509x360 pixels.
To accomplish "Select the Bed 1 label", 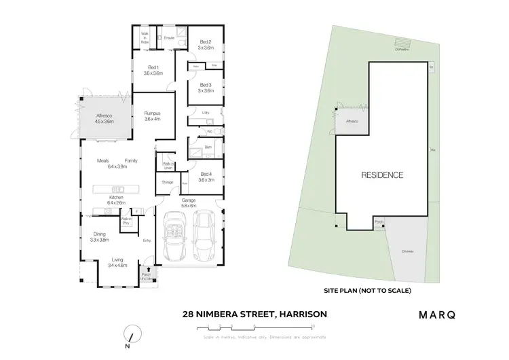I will pos(153,69).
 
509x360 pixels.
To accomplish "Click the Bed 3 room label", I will pos(206,88).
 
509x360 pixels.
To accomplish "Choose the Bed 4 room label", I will pos(205,177).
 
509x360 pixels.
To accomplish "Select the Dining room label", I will pos(100,236).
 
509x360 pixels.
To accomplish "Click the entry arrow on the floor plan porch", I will pos(149,271).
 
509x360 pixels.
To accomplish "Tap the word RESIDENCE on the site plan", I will pos(383,175).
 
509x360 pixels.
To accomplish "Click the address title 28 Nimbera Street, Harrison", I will pos(254,314).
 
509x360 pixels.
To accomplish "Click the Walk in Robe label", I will pos(145,37).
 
